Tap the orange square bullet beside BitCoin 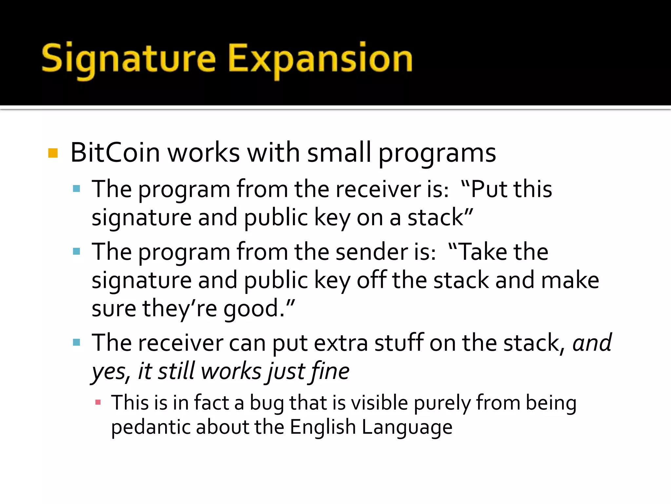[x=53, y=153]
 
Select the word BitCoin [x=115, y=153]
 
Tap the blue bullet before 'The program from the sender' [x=77, y=252]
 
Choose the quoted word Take [x=482, y=252]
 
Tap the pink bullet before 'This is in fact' [x=98, y=402]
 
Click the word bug [x=267, y=403]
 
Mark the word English [x=323, y=428]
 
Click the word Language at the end [x=407, y=428]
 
